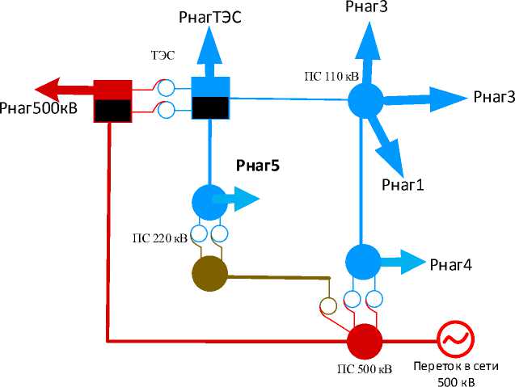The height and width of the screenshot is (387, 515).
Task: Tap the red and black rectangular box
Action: pos(112,100)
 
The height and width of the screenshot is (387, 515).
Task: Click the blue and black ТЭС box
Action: pos(211,98)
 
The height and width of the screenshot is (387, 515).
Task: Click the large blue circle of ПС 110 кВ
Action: pos(365,101)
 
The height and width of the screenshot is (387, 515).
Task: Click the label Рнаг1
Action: pos(403,184)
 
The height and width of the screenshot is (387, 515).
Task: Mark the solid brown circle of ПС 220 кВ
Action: pos(209,273)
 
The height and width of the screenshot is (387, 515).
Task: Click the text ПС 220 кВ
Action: pos(160,239)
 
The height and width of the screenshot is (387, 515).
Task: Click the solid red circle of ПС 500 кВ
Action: pos(365,340)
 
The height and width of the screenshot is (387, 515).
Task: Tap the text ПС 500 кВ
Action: pos(365,370)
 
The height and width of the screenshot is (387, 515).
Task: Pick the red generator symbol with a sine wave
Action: pos(454,339)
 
